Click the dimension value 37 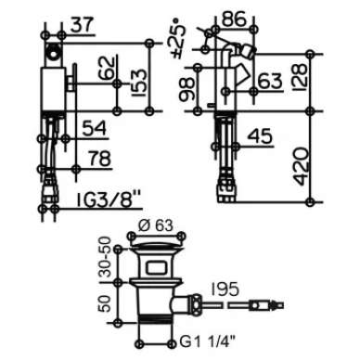coord(82,25)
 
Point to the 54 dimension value coord(95,128)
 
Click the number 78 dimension coord(99,159)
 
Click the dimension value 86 coord(235,19)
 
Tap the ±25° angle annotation coord(180,37)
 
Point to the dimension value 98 coord(187,88)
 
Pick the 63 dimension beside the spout coord(270,81)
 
